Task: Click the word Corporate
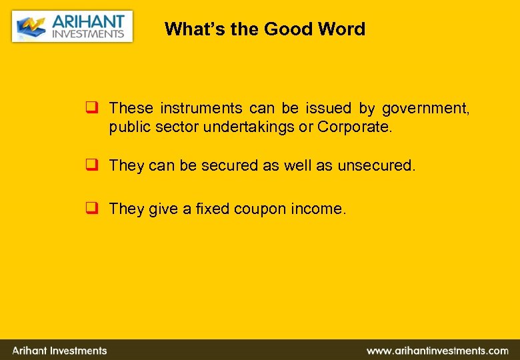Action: pyautogui.click(x=355, y=127)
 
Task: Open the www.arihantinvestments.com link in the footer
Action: pyautogui.click(x=437, y=351)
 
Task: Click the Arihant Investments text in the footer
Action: pyautogui.click(x=60, y=351)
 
